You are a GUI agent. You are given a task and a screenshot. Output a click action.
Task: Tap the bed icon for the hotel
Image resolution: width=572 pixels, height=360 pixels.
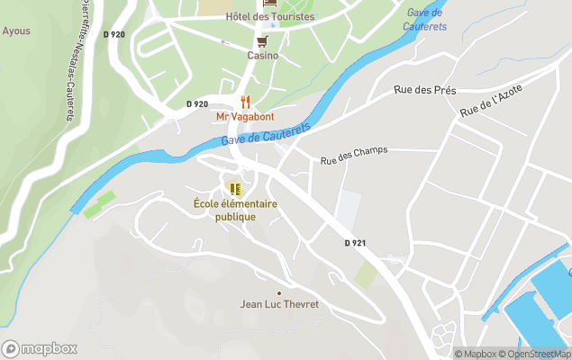coord(268,4)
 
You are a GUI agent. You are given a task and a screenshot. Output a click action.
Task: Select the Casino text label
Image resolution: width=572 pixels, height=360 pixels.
coord(263,55)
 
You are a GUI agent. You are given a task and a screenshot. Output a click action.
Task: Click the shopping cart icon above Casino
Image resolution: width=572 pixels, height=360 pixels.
coord(262,41)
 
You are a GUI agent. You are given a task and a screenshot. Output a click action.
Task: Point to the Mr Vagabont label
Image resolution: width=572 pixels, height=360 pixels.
coord(245,117)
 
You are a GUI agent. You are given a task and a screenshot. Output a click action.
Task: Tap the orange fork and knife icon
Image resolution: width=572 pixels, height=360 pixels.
coord(245,102)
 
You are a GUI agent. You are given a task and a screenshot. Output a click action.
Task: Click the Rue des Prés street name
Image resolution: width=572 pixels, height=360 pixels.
coord(425,90)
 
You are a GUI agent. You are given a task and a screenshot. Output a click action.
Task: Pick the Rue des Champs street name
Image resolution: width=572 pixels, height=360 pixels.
coord(354,155)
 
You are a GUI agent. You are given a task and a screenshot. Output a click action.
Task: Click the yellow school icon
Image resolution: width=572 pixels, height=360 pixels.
coord(235,189)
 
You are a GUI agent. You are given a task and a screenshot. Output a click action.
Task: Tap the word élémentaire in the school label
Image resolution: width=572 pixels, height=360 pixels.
coord(250,204)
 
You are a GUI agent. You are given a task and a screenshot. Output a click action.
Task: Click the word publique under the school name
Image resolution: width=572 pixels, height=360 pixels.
coord(235,217)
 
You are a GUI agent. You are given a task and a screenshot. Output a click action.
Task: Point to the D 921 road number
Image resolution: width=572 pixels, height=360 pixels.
coord(356,244)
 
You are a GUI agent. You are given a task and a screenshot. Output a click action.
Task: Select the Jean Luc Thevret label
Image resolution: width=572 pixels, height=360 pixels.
coord(279,304)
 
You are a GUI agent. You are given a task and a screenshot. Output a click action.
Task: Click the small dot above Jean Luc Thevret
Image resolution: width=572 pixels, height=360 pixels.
coord(279,292)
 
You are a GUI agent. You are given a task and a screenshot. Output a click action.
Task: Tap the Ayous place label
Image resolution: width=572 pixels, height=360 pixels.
coord(16,31)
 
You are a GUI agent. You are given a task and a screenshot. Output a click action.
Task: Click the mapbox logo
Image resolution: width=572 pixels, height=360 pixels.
coord(40,349)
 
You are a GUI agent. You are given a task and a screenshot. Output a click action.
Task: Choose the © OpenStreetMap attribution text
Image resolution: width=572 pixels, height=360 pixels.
coord(537,354)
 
